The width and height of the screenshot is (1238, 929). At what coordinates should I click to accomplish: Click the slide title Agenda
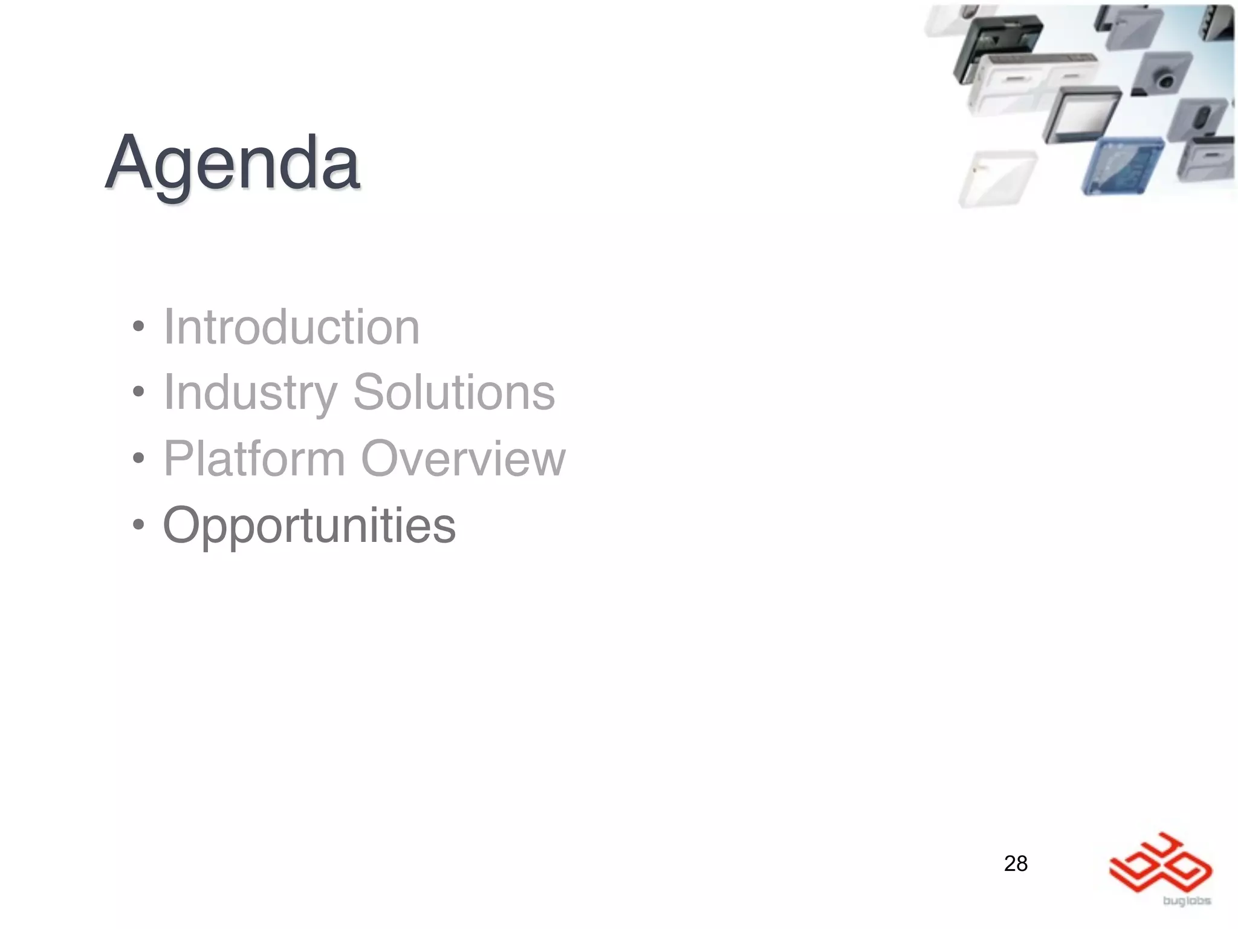[x=233, y=163]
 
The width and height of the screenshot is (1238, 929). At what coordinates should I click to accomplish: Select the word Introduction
[x=291, y=327]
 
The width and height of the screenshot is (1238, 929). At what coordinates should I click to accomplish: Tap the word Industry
[x=250, y=393]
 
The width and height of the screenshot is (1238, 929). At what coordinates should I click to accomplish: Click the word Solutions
[x=453, y=393]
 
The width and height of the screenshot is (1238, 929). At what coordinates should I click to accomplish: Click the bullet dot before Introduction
[x=139, y=327]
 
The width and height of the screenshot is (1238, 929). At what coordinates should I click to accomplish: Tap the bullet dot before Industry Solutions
[x=139, y=393]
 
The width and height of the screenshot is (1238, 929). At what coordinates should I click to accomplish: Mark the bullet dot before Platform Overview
[x=139, y=458]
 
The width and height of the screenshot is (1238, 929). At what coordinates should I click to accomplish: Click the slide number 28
[x=1016, y=863]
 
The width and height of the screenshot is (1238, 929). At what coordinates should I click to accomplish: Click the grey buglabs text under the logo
[x=1187, y=901]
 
